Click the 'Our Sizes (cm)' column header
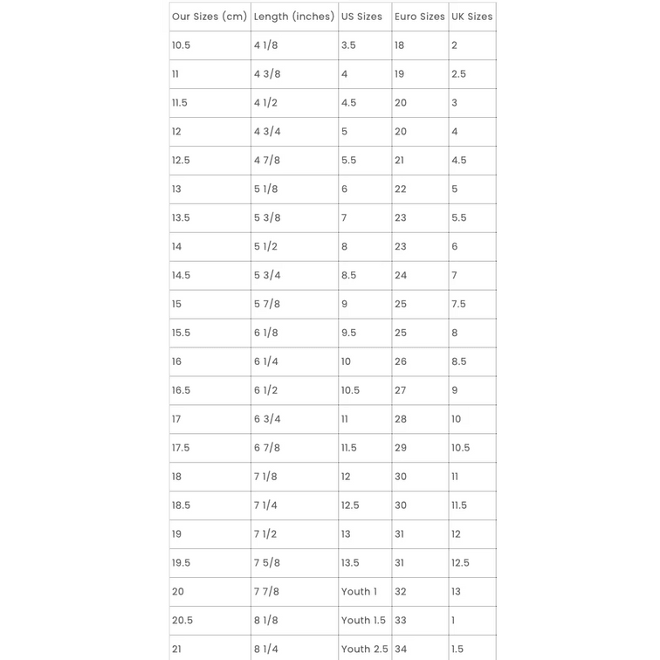click(x=210, y=17)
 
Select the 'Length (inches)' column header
click(x=294, y=17)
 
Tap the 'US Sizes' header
click(x=361, y=17)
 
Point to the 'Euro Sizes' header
click(x=419, y=17)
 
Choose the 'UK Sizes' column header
click(x=471, y=17)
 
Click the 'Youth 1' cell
click(x=359, y=592)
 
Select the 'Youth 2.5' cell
click(x=364, y=650)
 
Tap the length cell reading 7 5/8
click(x=267, y=563)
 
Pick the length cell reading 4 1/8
click(x=267, y=45)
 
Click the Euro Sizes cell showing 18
click(x=400, y=45)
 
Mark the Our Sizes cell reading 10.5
click(x=181, y=45)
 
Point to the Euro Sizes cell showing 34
click(x=401, y=650)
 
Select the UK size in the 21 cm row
click(x=457, y=650)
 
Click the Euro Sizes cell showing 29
click(x=401, y=448)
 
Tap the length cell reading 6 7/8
click(x=267, y=448)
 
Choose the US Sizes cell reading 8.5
click(x=348, y=275)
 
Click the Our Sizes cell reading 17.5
click(x=181, y=448)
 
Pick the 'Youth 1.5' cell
click(x=363, y=621)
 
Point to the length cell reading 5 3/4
click(x=267, y=275)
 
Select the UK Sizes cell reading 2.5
click(x=458, y=74)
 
